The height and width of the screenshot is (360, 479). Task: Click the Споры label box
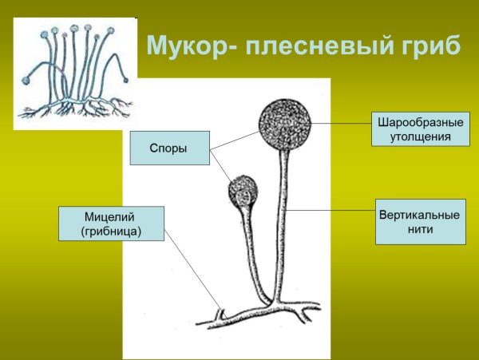coord(169,148)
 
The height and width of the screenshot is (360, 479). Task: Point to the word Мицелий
coord(111,217)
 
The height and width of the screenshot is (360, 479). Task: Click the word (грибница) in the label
coord(111,231)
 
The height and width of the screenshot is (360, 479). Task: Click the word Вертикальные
coord(420,216)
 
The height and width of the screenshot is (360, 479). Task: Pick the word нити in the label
coord(420,230)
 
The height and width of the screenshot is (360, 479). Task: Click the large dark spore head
coord(283,125)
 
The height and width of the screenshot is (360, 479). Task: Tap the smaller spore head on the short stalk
coord(243,192)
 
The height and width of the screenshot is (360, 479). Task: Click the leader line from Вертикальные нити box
coord(331,210)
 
